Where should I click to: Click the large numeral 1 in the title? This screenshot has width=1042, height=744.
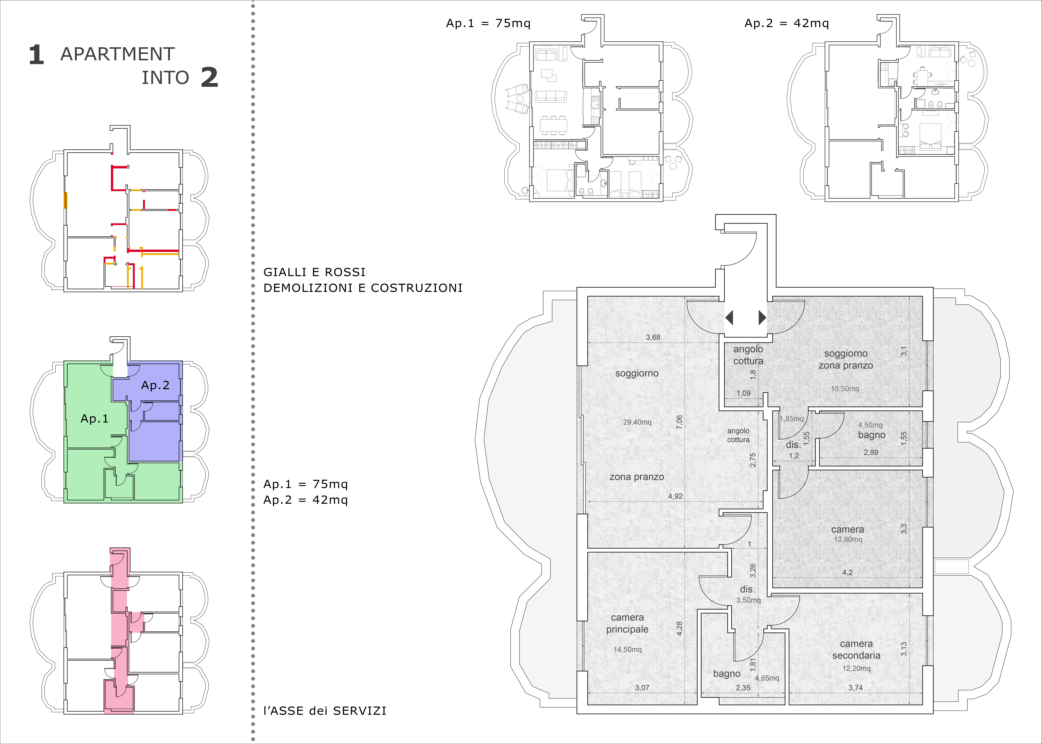[36, 55]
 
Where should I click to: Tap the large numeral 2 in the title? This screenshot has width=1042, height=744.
[209, 77]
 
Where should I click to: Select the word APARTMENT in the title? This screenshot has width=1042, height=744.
[118, 54]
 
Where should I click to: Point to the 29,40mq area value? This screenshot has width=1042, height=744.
[637, 422]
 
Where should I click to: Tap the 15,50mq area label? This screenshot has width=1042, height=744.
[845, 389]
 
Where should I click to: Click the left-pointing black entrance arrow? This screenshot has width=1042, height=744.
[729, 317]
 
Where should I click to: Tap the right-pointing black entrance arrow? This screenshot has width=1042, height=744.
[762, 317]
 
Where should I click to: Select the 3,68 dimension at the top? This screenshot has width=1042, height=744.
[653, 337]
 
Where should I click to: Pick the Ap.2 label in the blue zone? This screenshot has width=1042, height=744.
[155, 385]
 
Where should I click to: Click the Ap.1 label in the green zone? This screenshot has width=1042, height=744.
[94, 419]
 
